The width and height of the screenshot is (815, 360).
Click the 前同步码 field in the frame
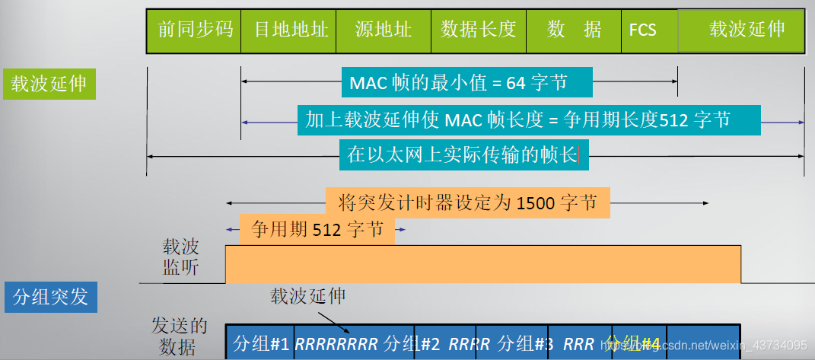[194, 30]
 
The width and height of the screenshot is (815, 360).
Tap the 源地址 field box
[384, 30]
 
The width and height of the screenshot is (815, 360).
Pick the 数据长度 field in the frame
[478, 30]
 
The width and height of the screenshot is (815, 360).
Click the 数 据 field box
[573, 30]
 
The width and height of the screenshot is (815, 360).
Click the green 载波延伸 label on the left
[50, 84]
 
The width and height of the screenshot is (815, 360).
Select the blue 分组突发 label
[50, 296]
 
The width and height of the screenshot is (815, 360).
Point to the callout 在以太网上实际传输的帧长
[463, 156]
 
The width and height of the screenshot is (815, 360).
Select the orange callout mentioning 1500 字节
[467, 204]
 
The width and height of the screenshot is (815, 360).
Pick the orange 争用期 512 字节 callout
[317, 229]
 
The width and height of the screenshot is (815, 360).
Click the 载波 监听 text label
[180, 257]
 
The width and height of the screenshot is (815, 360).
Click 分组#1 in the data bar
[260, 343]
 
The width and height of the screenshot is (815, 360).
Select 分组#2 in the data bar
[414, 343]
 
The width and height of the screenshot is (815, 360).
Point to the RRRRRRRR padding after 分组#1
[336, 343]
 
